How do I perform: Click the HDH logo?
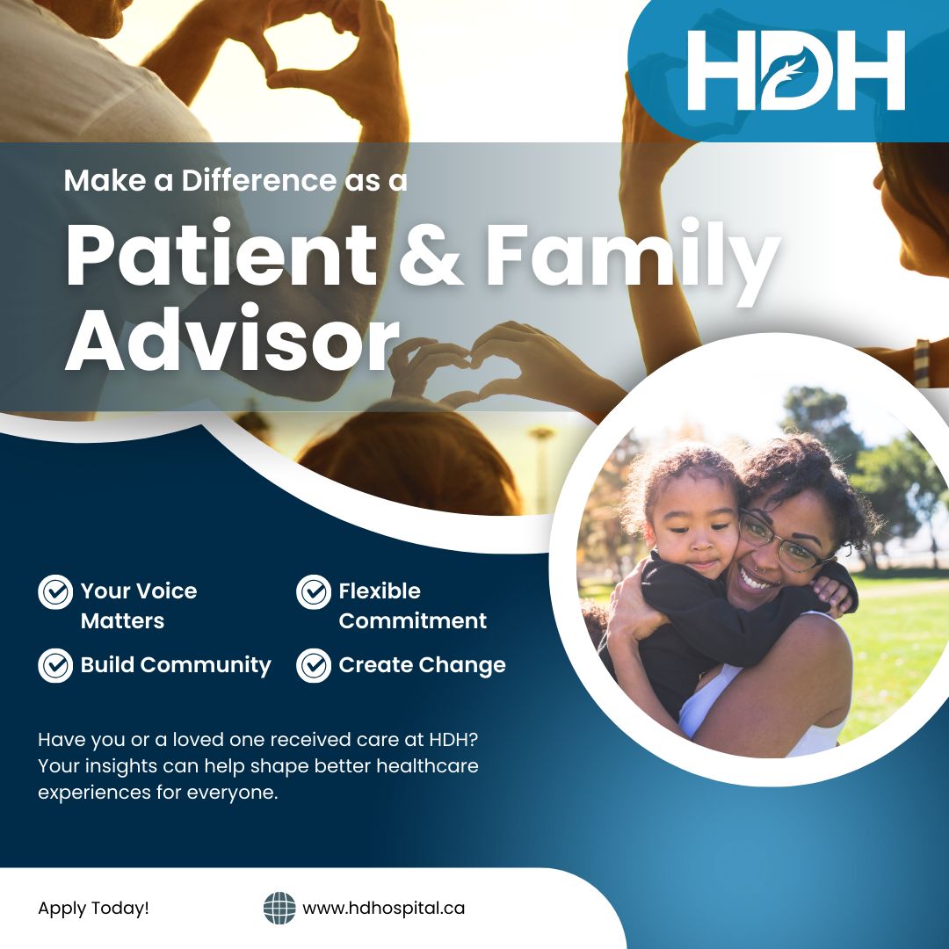[795, 70]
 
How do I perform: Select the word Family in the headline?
[633, 257]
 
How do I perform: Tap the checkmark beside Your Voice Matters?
[55, 592]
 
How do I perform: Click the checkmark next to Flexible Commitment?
[314, 592]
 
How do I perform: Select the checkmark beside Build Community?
[55, 665]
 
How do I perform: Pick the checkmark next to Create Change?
[314, 665]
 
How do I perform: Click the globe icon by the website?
[279, 908]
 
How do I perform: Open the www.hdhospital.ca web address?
[383, 909]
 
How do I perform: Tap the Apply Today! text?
[93, 909]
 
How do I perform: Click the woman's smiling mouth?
[758, 581]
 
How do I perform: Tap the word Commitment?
[412, 620]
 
